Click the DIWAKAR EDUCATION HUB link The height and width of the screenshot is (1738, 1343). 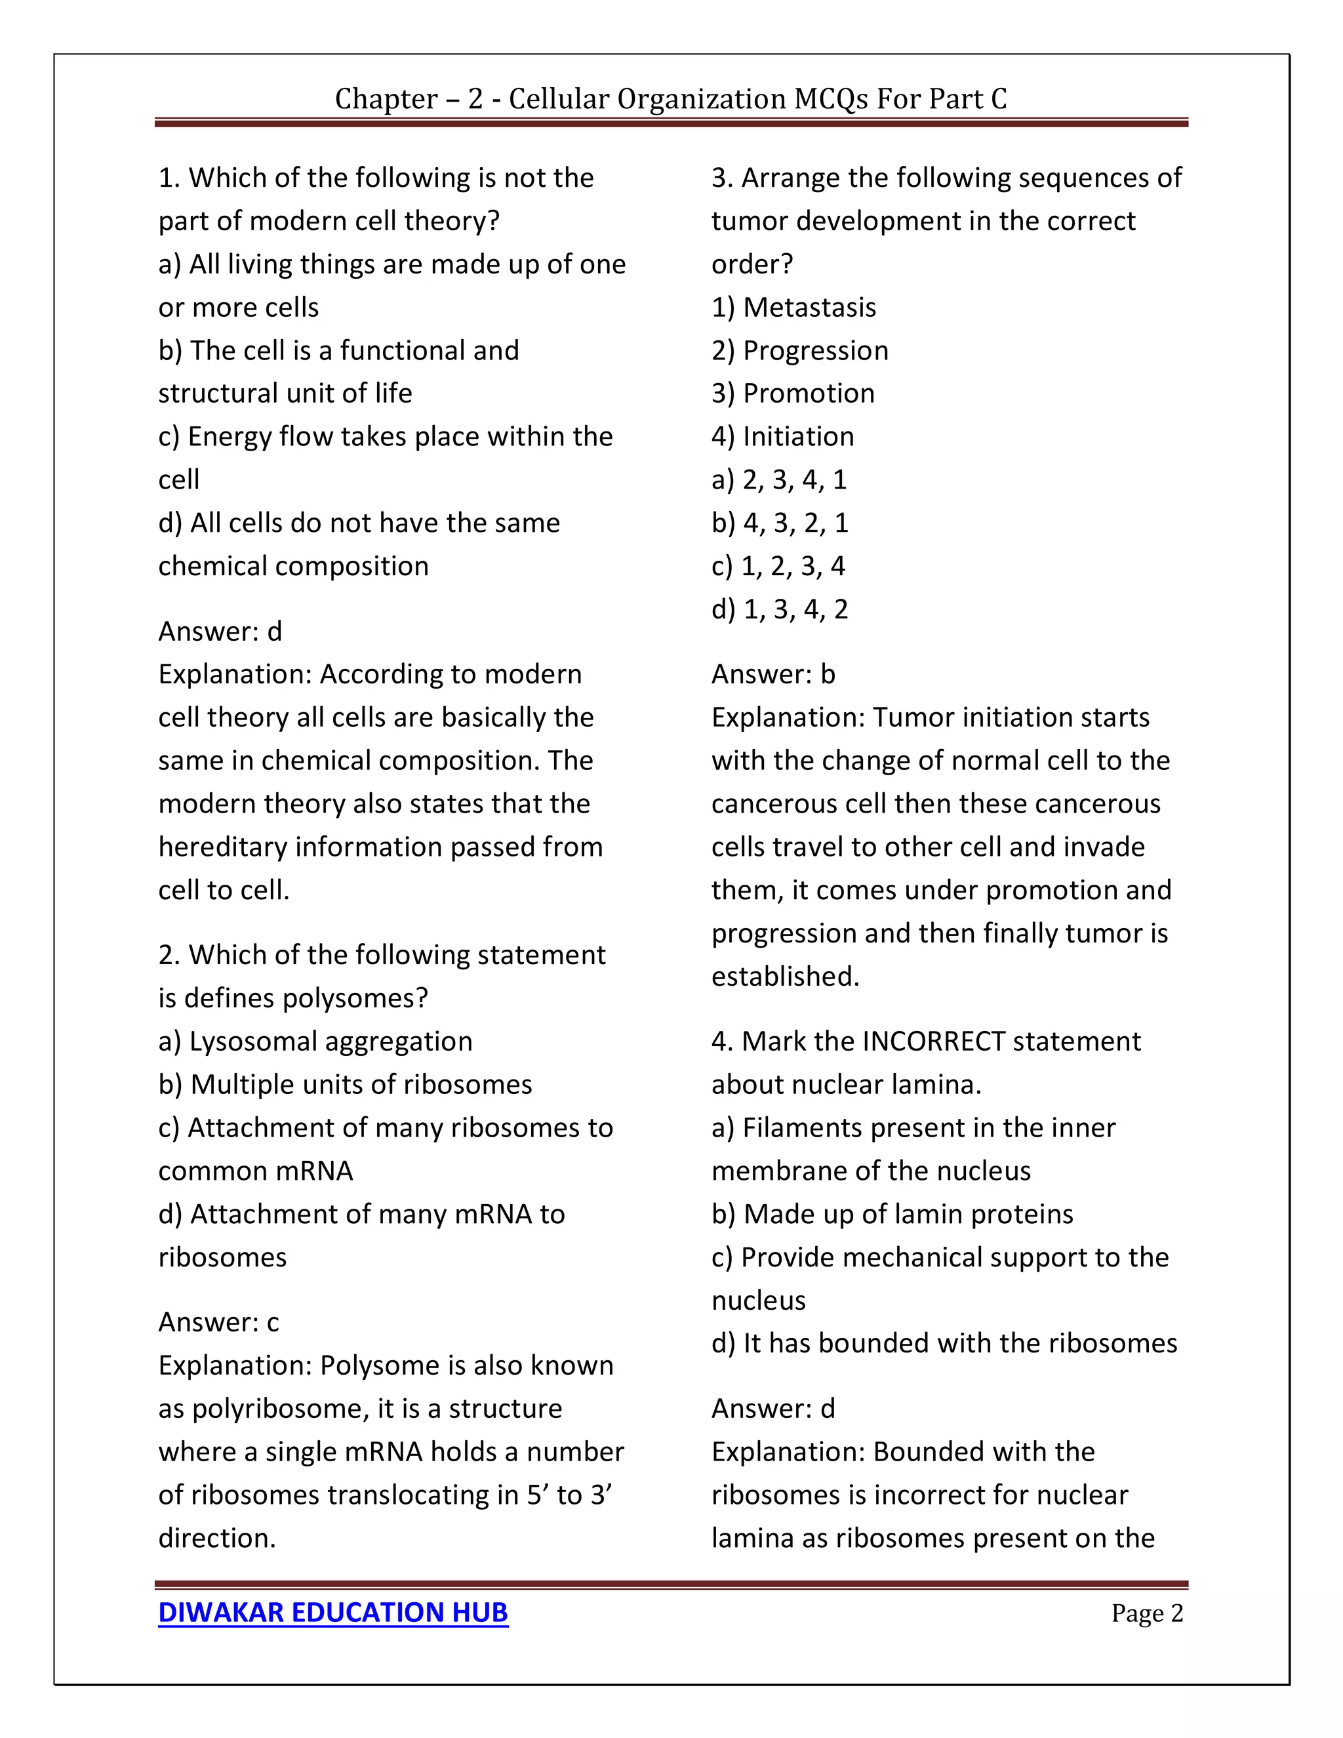coord(332,1612)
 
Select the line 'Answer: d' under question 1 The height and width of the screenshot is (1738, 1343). coord(220,631)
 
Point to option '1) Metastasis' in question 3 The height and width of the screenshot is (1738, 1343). coord(793,307)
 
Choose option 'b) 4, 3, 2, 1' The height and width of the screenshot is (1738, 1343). coord(780,523)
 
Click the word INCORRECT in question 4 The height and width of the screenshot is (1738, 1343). coord(933,1041)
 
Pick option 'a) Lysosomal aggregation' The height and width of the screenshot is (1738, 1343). coord(315,1041)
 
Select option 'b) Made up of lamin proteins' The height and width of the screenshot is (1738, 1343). coord(892,1213)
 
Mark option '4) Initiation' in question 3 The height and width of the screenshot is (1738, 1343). coord(782,436)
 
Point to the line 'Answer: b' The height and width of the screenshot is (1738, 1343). coord(772,674)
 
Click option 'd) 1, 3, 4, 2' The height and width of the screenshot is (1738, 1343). coord(780,609)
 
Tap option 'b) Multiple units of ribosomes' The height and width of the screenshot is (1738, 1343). coord(344,1084)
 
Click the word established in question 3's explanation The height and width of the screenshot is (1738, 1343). coord(784,976)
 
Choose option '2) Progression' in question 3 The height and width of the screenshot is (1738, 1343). coord(799,350)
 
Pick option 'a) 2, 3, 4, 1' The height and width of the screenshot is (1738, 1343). coord(779,479)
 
